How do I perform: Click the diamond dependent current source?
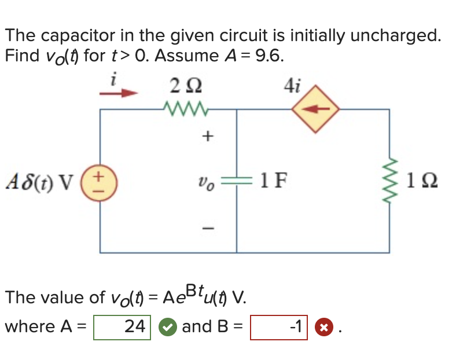(x=315, y=109)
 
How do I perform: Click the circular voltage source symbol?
(x=100, y=180)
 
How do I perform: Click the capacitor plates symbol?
(x=236, y=180)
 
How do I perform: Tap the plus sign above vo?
(x=207, y=137)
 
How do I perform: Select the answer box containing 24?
(x=122, y=327)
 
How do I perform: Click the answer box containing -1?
(x=279, y=327)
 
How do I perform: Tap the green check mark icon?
(x=167, y=327)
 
